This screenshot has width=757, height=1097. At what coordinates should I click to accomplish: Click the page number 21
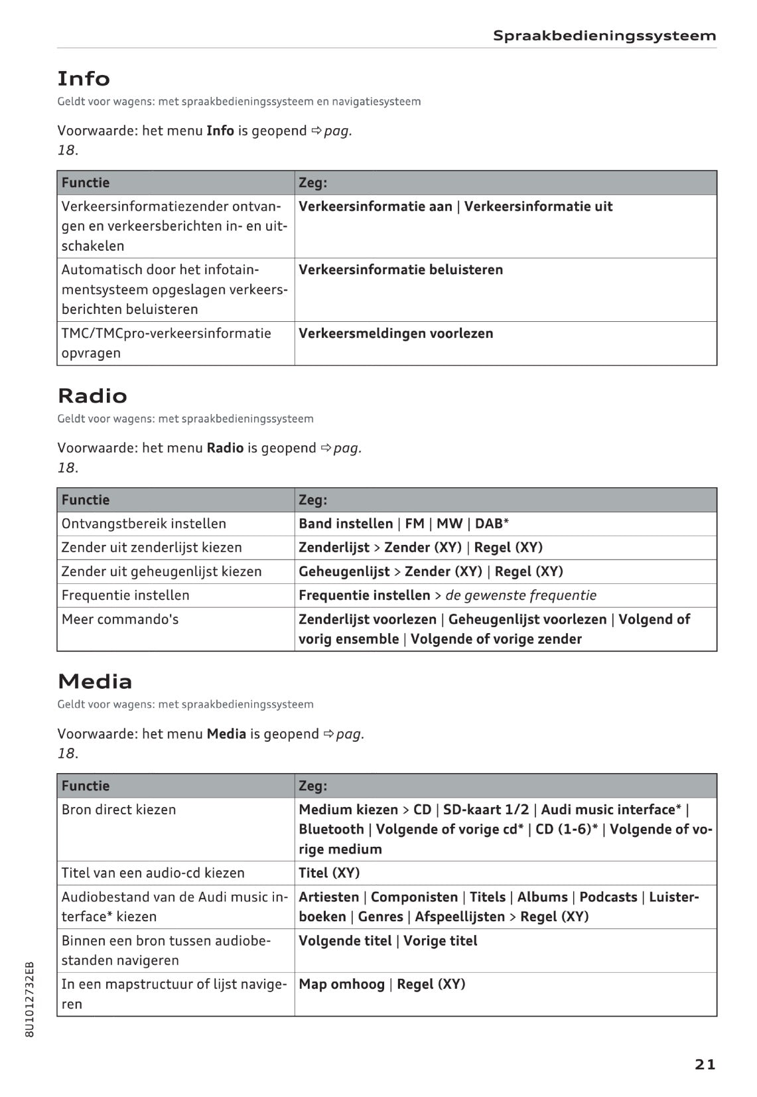point(705,1064)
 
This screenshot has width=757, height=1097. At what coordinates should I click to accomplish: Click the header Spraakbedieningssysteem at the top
point(604,36)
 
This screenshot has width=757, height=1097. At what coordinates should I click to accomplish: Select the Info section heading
point(84,79)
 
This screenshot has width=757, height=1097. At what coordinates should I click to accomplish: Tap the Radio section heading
point(92,396)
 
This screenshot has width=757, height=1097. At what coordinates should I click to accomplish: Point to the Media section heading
point(95,682)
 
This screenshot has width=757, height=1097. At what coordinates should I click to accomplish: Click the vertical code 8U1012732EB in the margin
point(29,999)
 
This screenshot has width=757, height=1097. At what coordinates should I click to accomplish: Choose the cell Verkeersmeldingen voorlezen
point(396,334)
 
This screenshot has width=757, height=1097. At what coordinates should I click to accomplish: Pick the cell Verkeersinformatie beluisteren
point(401,270)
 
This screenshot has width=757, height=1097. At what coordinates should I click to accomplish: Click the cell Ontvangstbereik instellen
point(144,524)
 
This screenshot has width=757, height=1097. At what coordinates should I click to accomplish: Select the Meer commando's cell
point(120,619)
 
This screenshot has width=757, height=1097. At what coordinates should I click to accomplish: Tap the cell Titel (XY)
point(329,873)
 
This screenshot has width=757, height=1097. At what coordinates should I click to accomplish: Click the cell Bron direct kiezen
point(119,810)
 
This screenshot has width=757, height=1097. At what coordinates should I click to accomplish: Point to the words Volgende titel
point(345,941)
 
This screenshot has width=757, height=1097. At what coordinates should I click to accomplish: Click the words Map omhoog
point(342,984)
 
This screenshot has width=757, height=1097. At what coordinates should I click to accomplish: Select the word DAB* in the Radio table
point(492,524)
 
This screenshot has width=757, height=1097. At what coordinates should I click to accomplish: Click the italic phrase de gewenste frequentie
point(521,595)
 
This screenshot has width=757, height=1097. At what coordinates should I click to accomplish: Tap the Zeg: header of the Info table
point(313,183)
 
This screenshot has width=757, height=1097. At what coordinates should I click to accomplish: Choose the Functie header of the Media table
point(86,786)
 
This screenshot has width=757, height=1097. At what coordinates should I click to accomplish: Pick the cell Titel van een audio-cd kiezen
point(153,873)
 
